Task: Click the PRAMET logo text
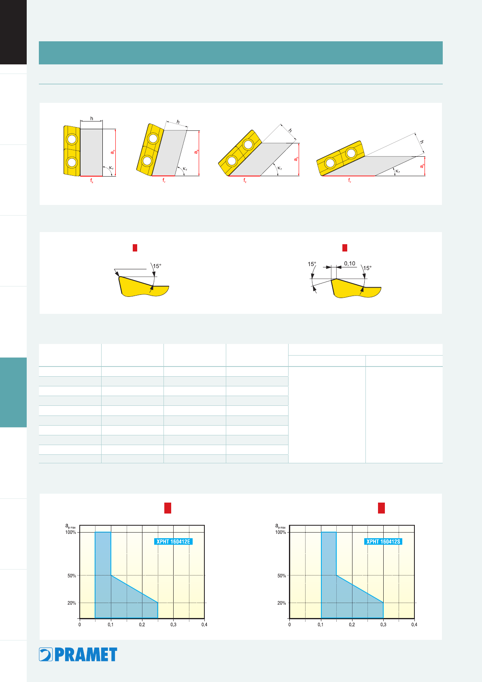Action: point(86,654)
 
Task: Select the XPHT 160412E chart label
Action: point(173,541)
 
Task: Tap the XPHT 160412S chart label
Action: point(383,541)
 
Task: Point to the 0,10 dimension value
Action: point(350,264)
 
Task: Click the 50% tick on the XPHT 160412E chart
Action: point(72,576)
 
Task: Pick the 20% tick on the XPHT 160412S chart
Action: point(282,603)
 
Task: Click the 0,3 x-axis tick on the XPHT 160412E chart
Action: point(174,624)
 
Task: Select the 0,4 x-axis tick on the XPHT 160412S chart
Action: point(414,624)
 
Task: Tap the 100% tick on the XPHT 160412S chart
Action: point(280,532)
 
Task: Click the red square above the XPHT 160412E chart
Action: point(168,508)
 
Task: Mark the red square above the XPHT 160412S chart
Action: point(381,508)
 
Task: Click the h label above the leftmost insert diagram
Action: point(91,118)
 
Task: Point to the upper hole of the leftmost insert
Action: point(72,139)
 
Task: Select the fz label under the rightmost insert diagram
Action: point(350,180)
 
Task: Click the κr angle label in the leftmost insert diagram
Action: point(111,168)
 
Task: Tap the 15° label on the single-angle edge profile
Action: point(157,266)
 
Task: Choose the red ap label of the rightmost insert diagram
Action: point(422,166)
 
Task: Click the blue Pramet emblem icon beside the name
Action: point(46,654)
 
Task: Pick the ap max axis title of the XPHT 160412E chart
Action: point(70,526)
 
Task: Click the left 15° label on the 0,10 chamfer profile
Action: point(312,264)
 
